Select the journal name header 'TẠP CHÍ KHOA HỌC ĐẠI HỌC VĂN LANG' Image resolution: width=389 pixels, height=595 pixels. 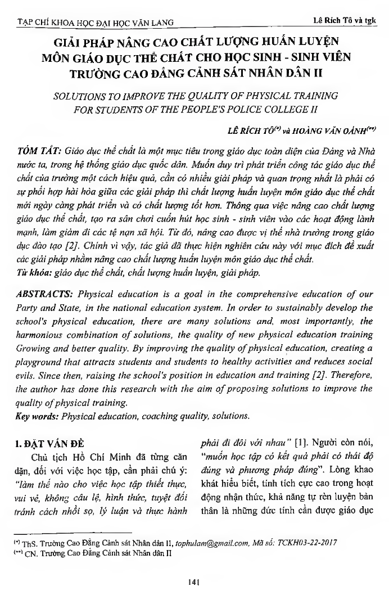[x=94, y=22]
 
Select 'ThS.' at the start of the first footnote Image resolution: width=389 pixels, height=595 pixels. [x=30, y=544]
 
